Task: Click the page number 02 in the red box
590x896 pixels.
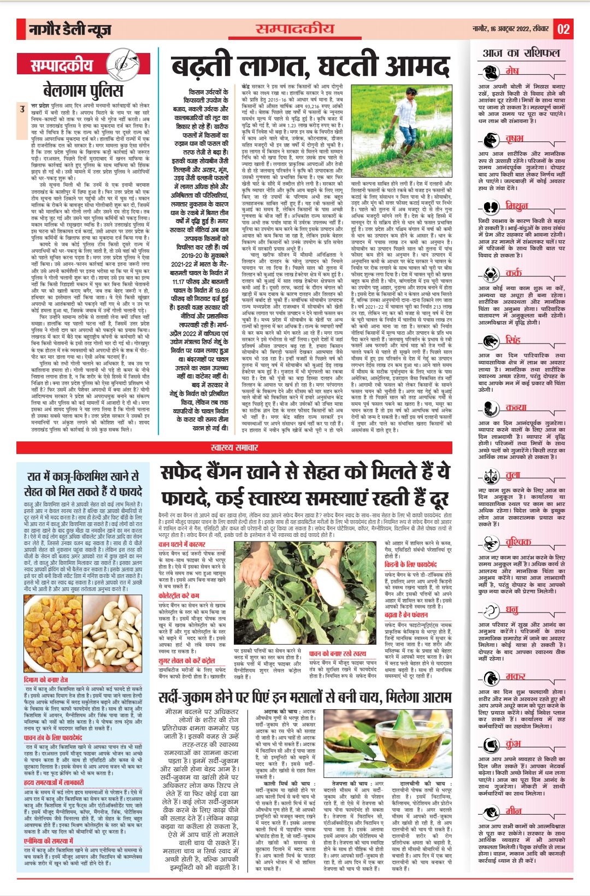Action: (x=563, y=29)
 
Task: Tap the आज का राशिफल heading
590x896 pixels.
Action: (x=521, y=53)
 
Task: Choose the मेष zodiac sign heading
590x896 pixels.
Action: (x=512, y=71)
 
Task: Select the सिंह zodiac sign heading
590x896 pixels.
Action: (x=512, y=340)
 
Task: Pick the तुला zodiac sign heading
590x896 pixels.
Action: (x=512, y=475)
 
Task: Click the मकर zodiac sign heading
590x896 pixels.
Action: (x=515, y=676)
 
